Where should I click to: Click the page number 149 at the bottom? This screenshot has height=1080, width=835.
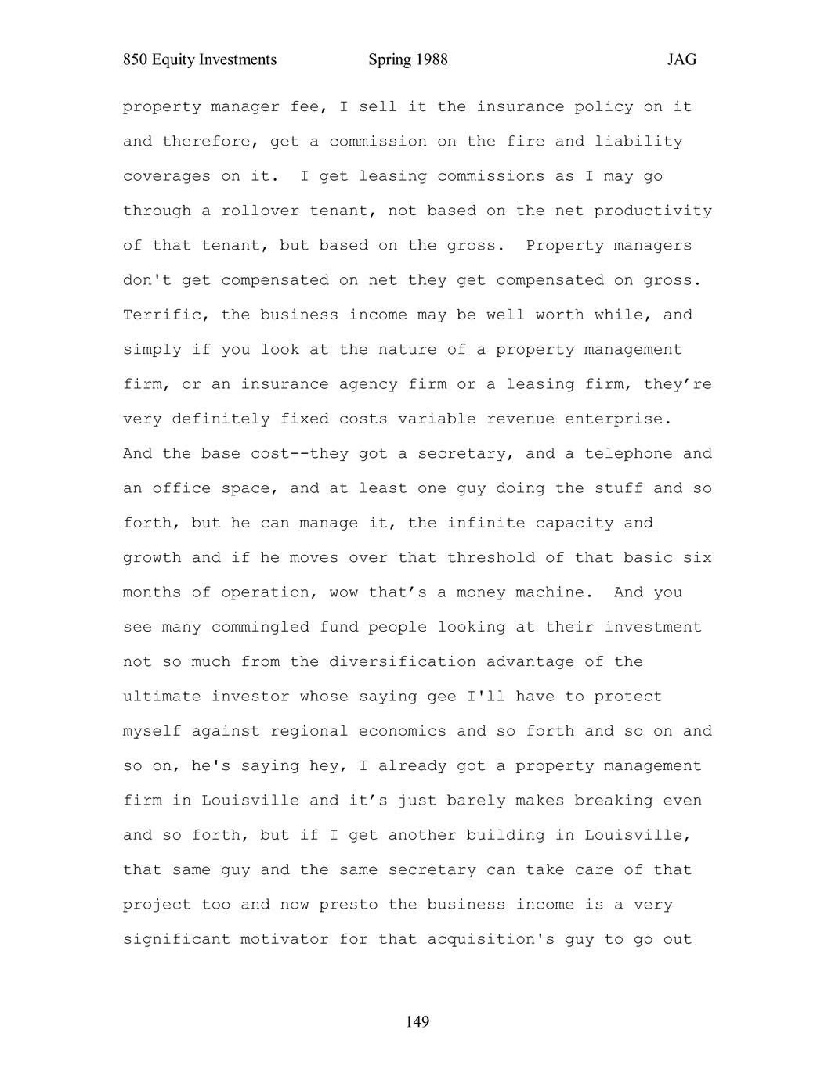click(x=417, y=1021)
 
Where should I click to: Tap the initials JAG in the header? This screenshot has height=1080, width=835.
click(x=681, y=60)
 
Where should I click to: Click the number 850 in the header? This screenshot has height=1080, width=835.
click(x=136, y=60)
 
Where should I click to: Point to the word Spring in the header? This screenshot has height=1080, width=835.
click(x=389, y=60)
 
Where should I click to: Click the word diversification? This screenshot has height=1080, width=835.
click(x=402, y=661)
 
